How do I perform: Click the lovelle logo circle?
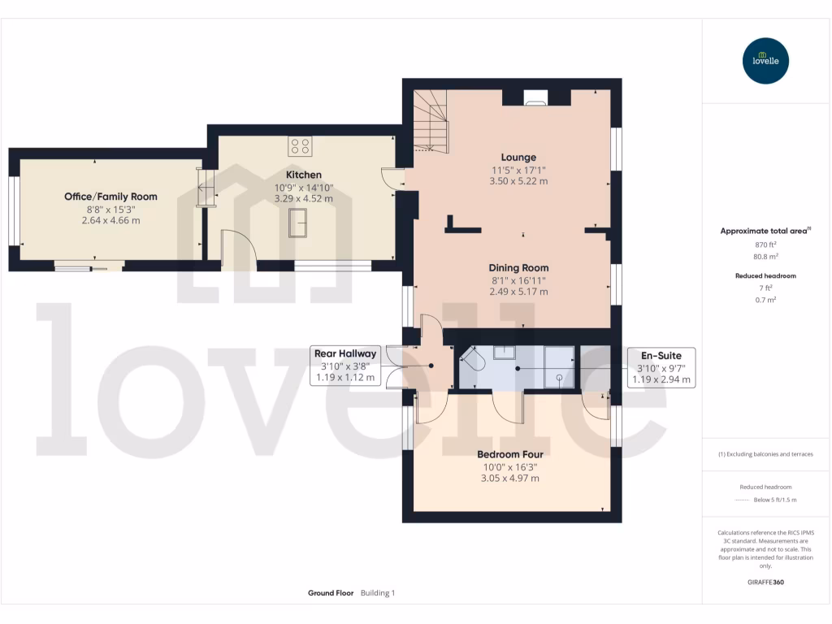click(766, 61)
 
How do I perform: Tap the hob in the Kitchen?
click(299, 146)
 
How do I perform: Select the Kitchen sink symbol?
click(298, 222)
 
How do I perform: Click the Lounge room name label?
click(518, 158)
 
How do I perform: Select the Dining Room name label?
click(518, 268)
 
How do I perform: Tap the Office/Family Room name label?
click(110, 197)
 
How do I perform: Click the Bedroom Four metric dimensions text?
click(509, 479)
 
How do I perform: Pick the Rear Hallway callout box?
click(345, 366)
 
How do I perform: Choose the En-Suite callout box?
click(661, 367)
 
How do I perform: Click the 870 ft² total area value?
click(766, 244)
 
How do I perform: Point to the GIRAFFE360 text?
click(766, 583)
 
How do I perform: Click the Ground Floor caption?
click(331, 593)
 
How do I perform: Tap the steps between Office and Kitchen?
click(206, 187)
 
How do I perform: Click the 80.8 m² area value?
click(766, 256)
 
